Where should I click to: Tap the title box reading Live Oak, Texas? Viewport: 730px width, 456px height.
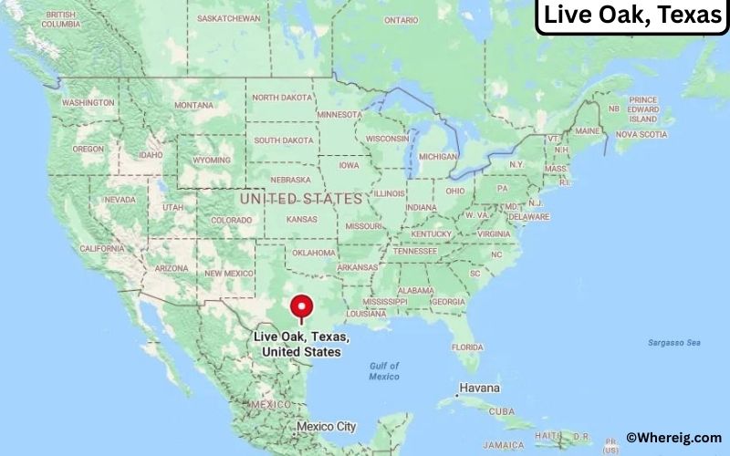click(631, 16)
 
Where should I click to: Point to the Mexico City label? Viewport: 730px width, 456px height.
click(326, 427)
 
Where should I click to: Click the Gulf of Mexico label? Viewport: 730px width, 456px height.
click(384, 371)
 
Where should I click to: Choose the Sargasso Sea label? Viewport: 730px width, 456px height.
click(673, 342)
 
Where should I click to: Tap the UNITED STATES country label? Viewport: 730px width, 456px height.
click(300, 197)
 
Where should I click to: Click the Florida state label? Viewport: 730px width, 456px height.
click(467, 347)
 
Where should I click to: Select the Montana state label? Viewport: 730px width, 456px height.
click(193, 105)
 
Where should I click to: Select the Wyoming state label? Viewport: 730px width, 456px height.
click(213, 160)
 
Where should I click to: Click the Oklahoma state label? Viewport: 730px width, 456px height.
click(314, 253)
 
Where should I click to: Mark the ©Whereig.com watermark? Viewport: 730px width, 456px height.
click(673, 438)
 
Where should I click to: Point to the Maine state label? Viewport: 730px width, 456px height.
click(588, 131)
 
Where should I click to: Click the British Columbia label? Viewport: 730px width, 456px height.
click(60, 19)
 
